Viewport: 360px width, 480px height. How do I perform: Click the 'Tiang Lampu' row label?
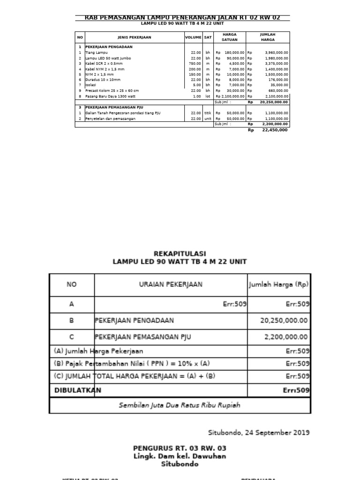[94, 53]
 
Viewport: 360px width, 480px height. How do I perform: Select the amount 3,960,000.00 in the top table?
[276, 53]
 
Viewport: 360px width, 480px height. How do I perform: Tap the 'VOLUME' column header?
[193, 37]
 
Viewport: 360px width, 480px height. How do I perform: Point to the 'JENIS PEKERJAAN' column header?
[134, 37]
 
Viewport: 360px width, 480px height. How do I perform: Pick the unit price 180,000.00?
[234, 53]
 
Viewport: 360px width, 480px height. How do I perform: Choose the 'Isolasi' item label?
[90, 85]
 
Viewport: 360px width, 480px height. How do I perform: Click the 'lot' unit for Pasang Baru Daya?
[208, 96]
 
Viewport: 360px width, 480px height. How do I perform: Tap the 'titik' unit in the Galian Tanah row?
[208, 113]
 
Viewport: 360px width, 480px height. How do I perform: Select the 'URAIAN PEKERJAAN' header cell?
[171, 285]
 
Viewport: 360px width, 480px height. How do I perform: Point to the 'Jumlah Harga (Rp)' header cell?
[278, 285]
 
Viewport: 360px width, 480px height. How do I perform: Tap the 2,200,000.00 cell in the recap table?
[286, 337]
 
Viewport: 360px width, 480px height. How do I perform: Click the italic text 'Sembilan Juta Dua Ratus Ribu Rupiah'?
[180, 405]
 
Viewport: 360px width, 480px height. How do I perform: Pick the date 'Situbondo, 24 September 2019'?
[258, 432]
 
